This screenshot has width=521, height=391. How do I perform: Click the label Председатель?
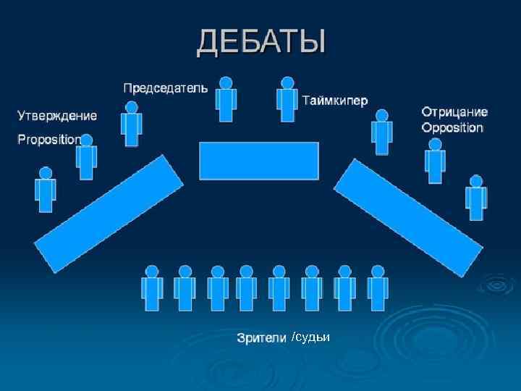(x=165, y=88)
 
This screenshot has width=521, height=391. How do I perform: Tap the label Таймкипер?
(x=334, y=99)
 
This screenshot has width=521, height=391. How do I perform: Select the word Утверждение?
(x=57, y=115)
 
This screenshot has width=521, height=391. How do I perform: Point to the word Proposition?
(x=48, y=140)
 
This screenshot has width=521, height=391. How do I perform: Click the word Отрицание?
(x=454, y=112)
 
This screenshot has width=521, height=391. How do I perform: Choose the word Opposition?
(x=452, y=128)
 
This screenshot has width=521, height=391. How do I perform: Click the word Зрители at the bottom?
(x=262, y=338)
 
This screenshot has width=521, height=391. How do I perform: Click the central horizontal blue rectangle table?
(x=259, y=161)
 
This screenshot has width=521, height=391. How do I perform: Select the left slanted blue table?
(x=109, y=214)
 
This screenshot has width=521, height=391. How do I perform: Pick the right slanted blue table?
(x=408, y=216)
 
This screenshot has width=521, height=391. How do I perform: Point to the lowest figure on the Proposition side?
(x=46, y=189)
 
